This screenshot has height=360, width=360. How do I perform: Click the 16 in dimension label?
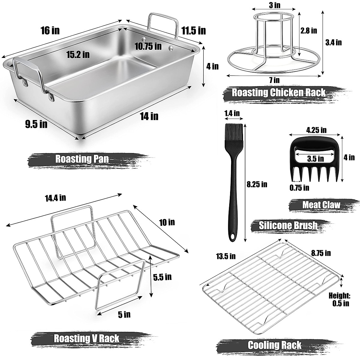click(x=50, y=31)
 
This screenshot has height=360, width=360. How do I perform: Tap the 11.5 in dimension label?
click(x=193, y=30)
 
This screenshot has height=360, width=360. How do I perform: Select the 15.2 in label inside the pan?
click(x=78, y=54)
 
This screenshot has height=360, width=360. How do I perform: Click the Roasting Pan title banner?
click(x=82, y=159)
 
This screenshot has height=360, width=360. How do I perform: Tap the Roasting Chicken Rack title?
click(x=278, y=92)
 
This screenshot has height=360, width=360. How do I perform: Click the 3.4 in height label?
click(x=334, y=42)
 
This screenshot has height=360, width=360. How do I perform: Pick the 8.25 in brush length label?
click(x=256, y=184)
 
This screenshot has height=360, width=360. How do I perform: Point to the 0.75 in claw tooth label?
click(x=299, y=188)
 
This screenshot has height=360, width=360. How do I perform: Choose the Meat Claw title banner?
click(x=321, y=205)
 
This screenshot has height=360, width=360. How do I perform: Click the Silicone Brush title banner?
click(x=288, y=225)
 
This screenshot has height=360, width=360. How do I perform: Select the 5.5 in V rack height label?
click(x=162, y=276)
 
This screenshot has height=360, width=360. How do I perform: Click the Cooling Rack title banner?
click(x=274, y=345)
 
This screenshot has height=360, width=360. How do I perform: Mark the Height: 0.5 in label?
click(x=339, y=299)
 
